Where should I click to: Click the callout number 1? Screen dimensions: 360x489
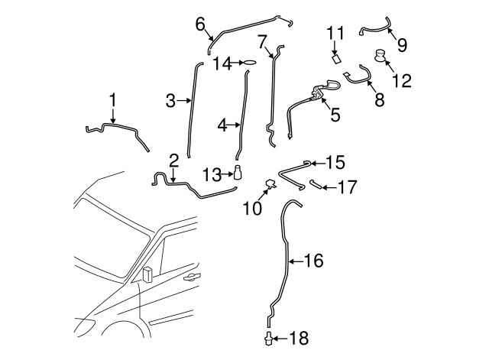point(112,100)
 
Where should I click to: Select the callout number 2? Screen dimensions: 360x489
point(173,160)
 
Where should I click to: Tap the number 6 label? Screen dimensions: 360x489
point(199,24)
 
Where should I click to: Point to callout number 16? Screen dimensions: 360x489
point(314,261)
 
